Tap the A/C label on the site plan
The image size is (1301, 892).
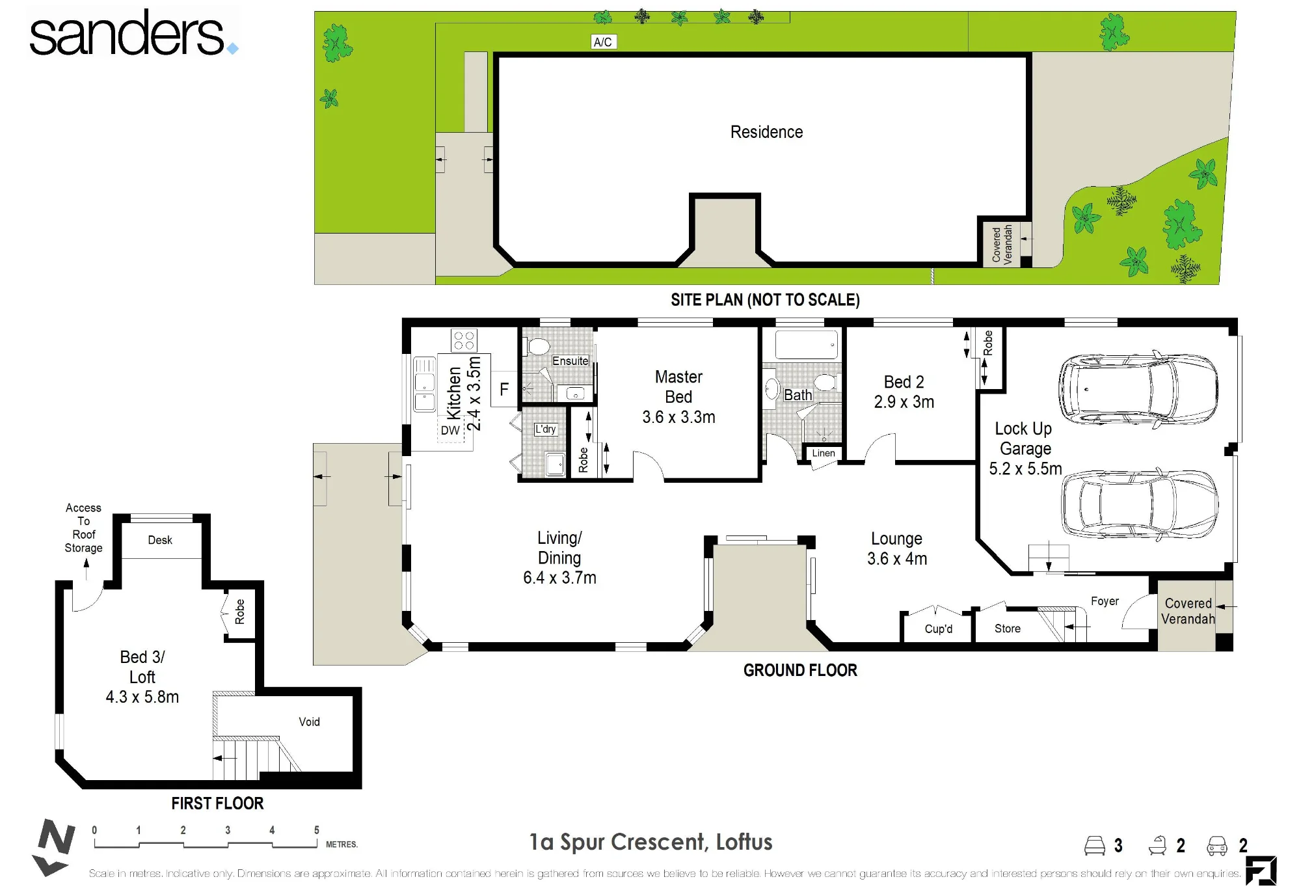click(x=603, y=42)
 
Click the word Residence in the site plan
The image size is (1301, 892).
click(x=766, y=132)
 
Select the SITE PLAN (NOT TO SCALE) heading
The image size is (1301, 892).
click(x=765, y=300)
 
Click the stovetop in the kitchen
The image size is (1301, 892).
click(x=464, y=340)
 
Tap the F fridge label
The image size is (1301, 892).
click(x=504, y=389)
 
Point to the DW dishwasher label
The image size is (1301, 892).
click(x=450, y=430)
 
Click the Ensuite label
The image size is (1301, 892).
click(x=570, y=361)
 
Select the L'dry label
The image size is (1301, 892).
click(x=546, y=429)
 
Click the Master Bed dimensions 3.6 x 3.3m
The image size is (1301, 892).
click(x=678, y=417)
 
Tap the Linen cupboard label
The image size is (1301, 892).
click(x=824, y=453)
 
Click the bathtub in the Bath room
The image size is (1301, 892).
click(x=807, y=345)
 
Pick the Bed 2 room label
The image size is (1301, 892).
click(x=904, y=382)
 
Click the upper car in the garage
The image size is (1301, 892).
click(x=1138, y=388)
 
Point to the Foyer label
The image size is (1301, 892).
click(x=1105, y=601)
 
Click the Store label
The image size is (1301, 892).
click(x=1007, y=628)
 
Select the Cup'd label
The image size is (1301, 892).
click(x=938, y=628)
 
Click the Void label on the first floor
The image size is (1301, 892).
click(x=309, y=722)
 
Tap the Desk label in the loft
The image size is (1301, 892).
click(x=160, y=540)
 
